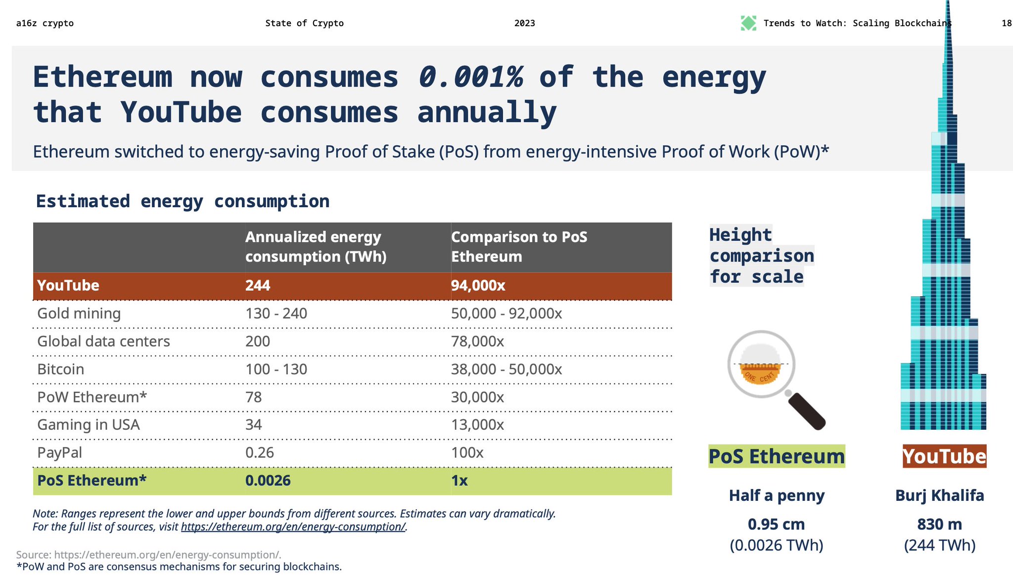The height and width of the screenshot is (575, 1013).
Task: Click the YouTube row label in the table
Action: [x=68, y=286]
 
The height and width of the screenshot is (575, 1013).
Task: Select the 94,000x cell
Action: [x=478, y=286]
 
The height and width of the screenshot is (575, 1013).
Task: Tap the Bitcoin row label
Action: [x=60, y=369]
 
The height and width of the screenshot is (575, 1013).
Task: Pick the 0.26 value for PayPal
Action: [x=259, y=453]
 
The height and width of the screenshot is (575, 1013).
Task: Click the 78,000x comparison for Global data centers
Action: [x=477, y=342]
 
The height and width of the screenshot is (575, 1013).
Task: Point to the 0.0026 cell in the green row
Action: [x=268, y=481]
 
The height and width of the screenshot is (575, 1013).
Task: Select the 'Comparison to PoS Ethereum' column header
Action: [x=519, y=247]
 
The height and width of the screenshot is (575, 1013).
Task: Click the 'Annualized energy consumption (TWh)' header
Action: [x=316, y=247]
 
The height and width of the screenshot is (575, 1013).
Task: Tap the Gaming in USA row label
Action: [x=88, y=425]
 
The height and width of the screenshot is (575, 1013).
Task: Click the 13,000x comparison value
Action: [x=477, y=425]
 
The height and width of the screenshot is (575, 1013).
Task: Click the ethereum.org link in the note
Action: [x=293, y=527]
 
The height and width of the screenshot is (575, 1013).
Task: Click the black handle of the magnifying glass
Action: [x=806, y=410]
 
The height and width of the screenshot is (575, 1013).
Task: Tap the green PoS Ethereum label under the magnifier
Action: [x=776, y=456]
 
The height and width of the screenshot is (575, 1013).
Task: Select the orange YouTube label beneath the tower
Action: [x=944, y=456]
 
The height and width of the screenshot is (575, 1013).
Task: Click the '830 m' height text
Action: [x=939, y=524]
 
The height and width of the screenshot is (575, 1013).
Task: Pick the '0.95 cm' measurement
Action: [x=776, y=524]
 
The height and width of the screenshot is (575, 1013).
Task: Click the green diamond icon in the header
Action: [x=748, y=23]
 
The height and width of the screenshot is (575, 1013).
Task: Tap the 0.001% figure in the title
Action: [x=470, y=78]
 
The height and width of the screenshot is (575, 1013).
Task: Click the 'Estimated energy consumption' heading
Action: [x=183, y=202]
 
